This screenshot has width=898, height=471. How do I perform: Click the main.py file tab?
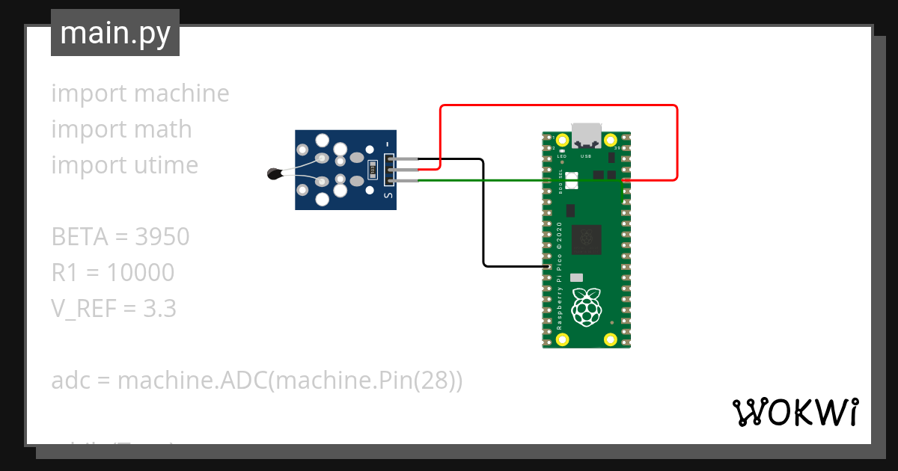[114, 33]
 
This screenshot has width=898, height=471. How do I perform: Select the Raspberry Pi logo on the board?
[587, 306]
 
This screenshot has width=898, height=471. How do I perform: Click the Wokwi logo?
[795, 412]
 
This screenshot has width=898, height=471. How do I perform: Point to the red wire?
[558, 106]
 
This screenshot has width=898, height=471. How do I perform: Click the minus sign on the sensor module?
[388, 144]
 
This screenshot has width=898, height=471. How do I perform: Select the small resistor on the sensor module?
[373, 170]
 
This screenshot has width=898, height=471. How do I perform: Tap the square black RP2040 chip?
[587, 239]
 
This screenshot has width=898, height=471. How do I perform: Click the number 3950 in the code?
[162, 237]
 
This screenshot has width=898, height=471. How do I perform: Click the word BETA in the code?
[78, 237]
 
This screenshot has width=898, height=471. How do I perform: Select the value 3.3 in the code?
[159, 309]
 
